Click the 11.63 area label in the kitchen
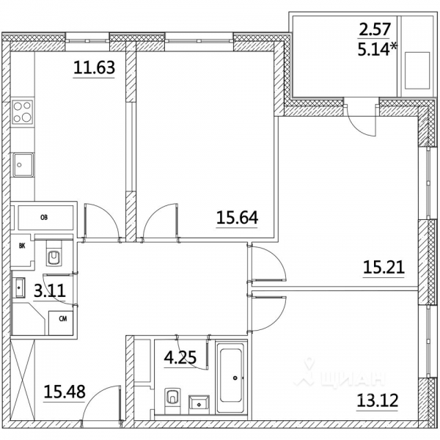[93, 69]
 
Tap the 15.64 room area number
[237, 217]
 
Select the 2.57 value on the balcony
[376, 30]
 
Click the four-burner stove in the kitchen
[23, 114]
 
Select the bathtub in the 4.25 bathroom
[233, 378]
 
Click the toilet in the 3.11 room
[55, 254]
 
